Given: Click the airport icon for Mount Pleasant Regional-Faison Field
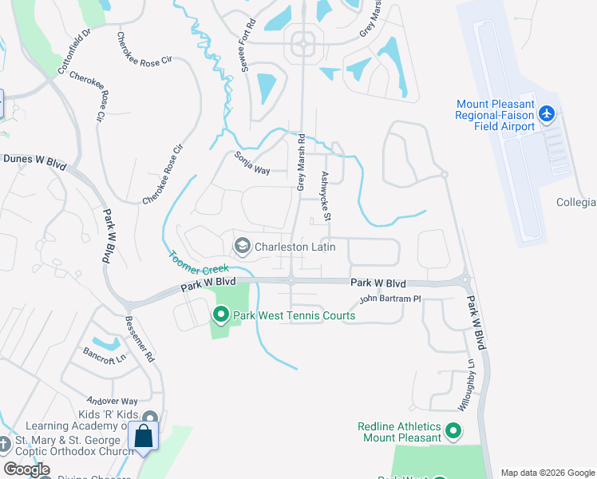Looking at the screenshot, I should pos(547,114).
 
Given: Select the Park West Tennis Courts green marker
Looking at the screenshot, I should pos(221,315).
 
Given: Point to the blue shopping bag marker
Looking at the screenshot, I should pos(144,437).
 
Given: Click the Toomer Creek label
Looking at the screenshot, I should pos(198,263).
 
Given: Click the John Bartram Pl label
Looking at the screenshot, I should pos(389,299).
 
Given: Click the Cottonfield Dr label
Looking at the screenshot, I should pos(75,51).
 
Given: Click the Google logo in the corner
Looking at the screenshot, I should pos(27,469).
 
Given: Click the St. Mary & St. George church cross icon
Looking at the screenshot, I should pos(4,443).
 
